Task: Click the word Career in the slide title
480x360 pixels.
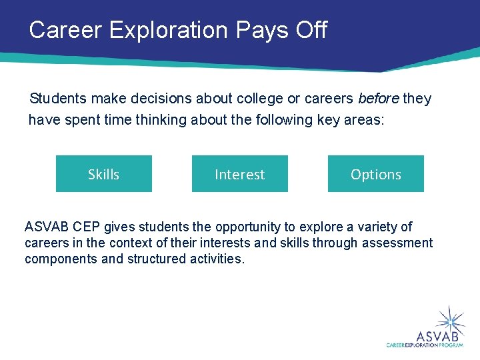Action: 62,30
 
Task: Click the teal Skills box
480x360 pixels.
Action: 104,174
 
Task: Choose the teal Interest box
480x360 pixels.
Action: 240,174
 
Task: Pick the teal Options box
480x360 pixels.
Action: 376,174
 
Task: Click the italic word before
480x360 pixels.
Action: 378,99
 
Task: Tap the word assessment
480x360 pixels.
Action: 397,243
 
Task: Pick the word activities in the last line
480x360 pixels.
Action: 216,259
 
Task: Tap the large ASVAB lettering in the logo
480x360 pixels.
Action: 437,335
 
